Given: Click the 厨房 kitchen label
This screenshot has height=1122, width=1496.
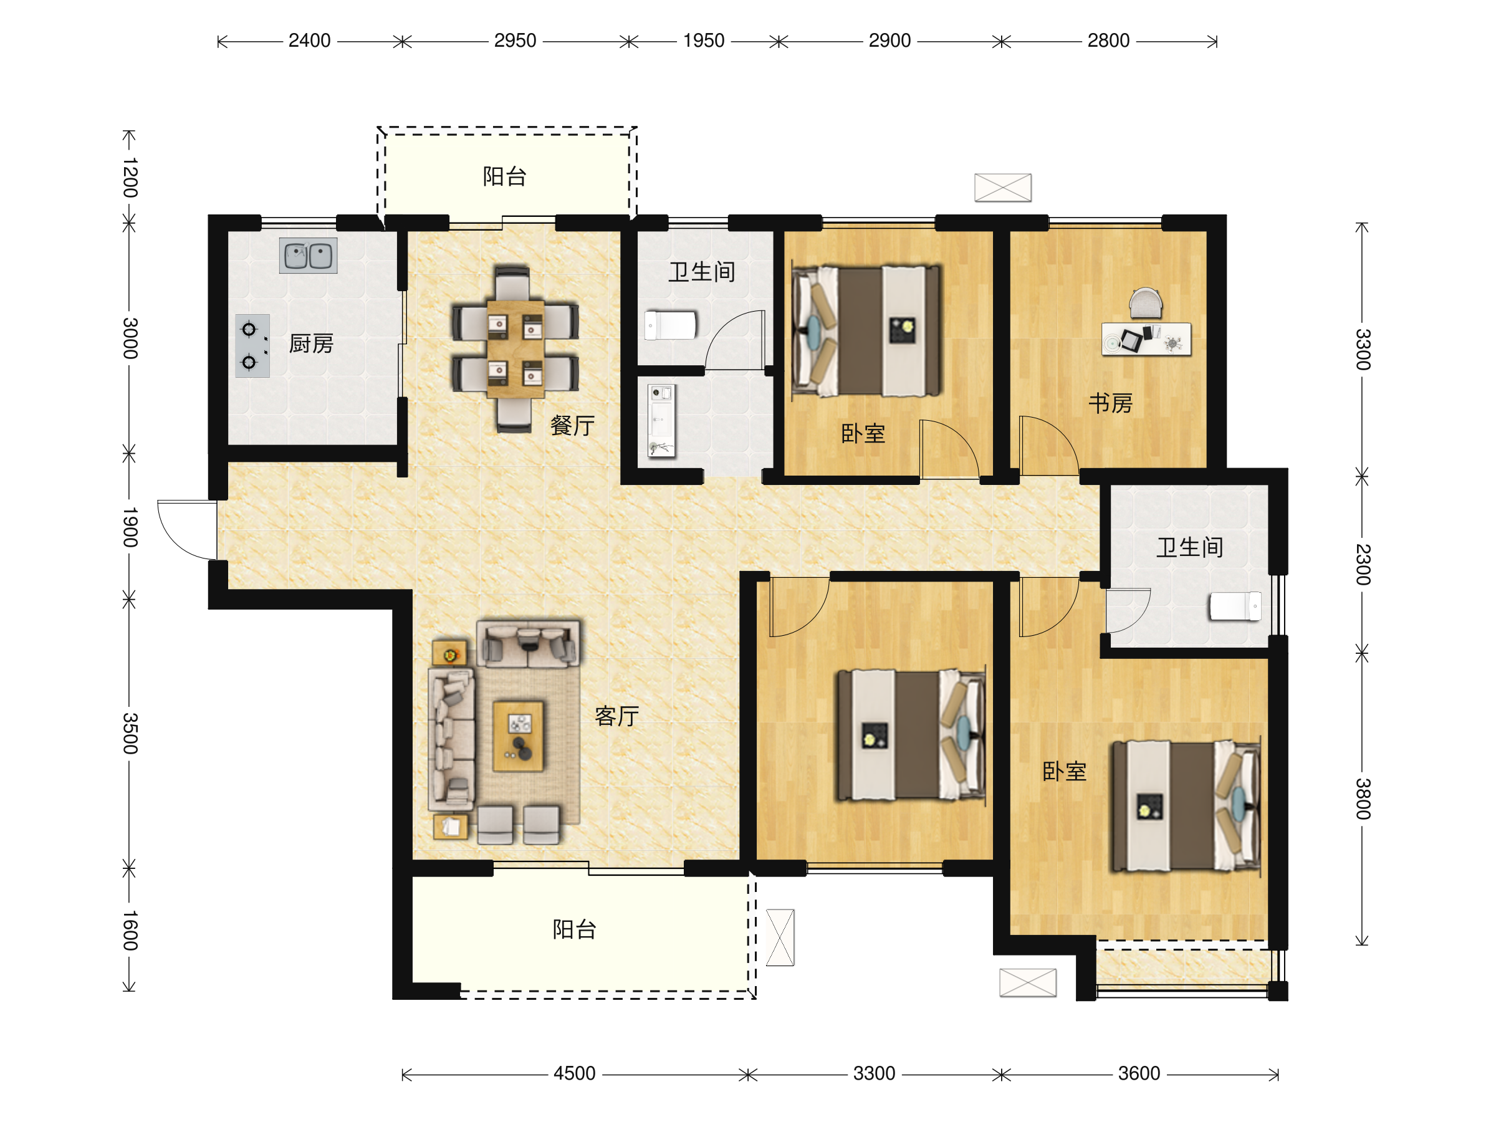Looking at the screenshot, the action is tap(311, 343).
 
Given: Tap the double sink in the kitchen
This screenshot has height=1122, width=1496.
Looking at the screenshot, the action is tap(309, 256).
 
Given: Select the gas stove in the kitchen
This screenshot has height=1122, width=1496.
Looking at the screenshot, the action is tap(252, 345).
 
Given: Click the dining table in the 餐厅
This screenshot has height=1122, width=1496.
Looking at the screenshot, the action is tap(515, 349).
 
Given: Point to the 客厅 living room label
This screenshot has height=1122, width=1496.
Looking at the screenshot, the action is tap(617, 716).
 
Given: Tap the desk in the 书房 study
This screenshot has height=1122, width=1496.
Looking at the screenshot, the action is tap(1146, 339).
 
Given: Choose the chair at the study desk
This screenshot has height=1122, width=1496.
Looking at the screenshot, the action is tap(1146, 303).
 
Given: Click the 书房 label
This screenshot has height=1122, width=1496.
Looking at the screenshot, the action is tap(1111, 403).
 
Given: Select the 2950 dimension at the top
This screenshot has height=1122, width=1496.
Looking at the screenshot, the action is tap(515, 41).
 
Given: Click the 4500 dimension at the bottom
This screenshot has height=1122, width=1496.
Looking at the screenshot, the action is tap(574, 1073).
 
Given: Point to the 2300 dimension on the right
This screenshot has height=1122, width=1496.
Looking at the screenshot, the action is tap(1363, 564).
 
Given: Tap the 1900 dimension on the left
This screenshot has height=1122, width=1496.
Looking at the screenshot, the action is tap(130, 527).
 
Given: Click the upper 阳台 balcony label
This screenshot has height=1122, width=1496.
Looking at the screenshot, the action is tap(504, 176).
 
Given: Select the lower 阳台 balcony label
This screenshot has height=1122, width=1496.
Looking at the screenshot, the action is tap(574, 929).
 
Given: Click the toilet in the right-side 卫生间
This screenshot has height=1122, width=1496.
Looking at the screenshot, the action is tap(1235, 606).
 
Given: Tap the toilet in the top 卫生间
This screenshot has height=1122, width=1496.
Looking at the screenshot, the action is tap(670, 325).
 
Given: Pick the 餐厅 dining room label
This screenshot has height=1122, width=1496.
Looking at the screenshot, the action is tap(572, 425).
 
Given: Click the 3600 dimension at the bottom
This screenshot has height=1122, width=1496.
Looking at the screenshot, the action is tap(1139, 1073).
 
